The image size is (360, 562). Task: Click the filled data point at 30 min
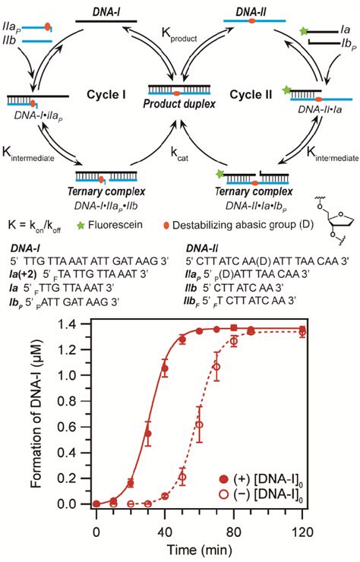[x=148, y=434]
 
